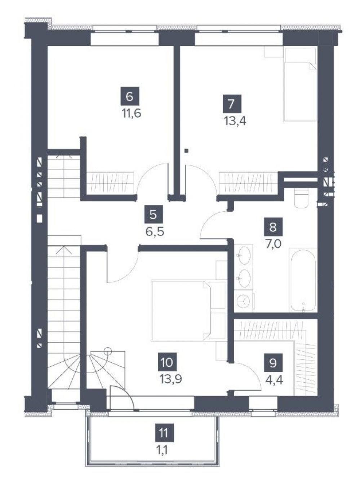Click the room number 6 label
[x=130, y=97]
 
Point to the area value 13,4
[x=235, y=121]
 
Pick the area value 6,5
[x=155, y=232]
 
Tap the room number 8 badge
[x=273, y=226]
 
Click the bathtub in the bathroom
[x=303, y=280]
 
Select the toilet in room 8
[x=301, y=198]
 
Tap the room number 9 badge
[x=273, y=363]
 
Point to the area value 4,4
[x=275, y=380]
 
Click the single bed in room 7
[x=300, y=84]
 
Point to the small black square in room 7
[x=186, y=150]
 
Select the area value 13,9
[x=171, y=380]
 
